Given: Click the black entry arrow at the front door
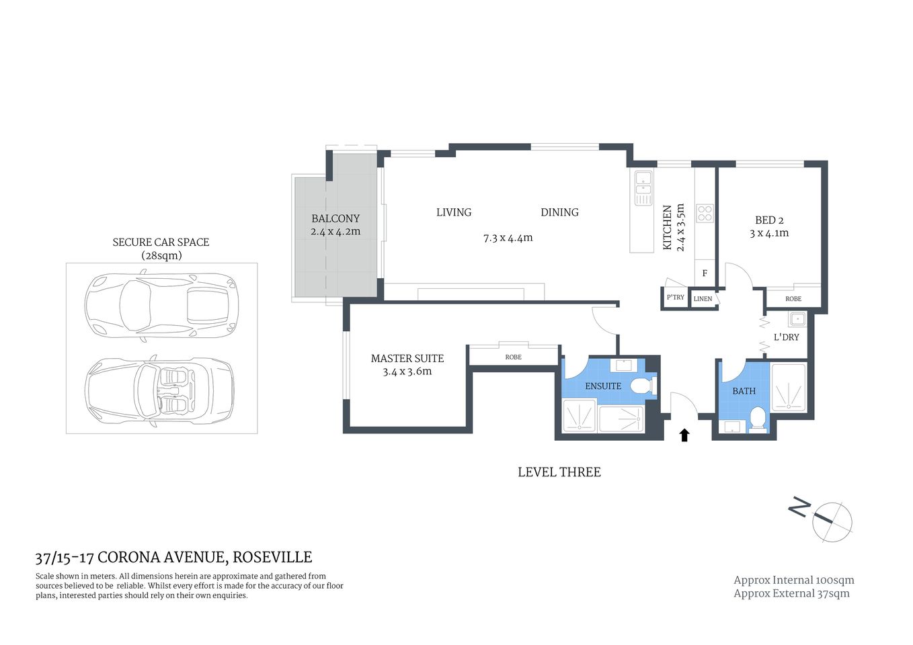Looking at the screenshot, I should click(x=684, y=435).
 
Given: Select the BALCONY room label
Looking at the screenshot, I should click(x=335, y=218).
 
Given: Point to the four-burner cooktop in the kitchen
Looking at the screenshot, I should click(x=705, y=214).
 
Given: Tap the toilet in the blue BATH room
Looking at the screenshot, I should click(x=758, y=417).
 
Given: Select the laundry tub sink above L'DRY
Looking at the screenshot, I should click(x=797, y=319).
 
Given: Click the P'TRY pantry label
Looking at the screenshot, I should click(x=675, y=298).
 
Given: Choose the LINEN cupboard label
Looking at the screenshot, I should click(x=703, y=299).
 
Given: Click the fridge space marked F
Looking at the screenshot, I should click(x=705, y=273).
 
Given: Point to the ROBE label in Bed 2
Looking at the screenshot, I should click(x=793, y=299).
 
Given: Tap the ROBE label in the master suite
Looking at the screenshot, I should click(x=513, y=357).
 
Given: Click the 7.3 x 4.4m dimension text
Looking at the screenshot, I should click(x=508, y=238).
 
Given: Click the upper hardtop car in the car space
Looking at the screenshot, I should click(x=161, y=304).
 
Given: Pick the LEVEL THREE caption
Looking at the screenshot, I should click(x=559, y=472).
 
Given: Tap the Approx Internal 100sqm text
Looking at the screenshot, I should click(x=793, y=580).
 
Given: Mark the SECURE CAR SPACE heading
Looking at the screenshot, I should click(x=161, y=242).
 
